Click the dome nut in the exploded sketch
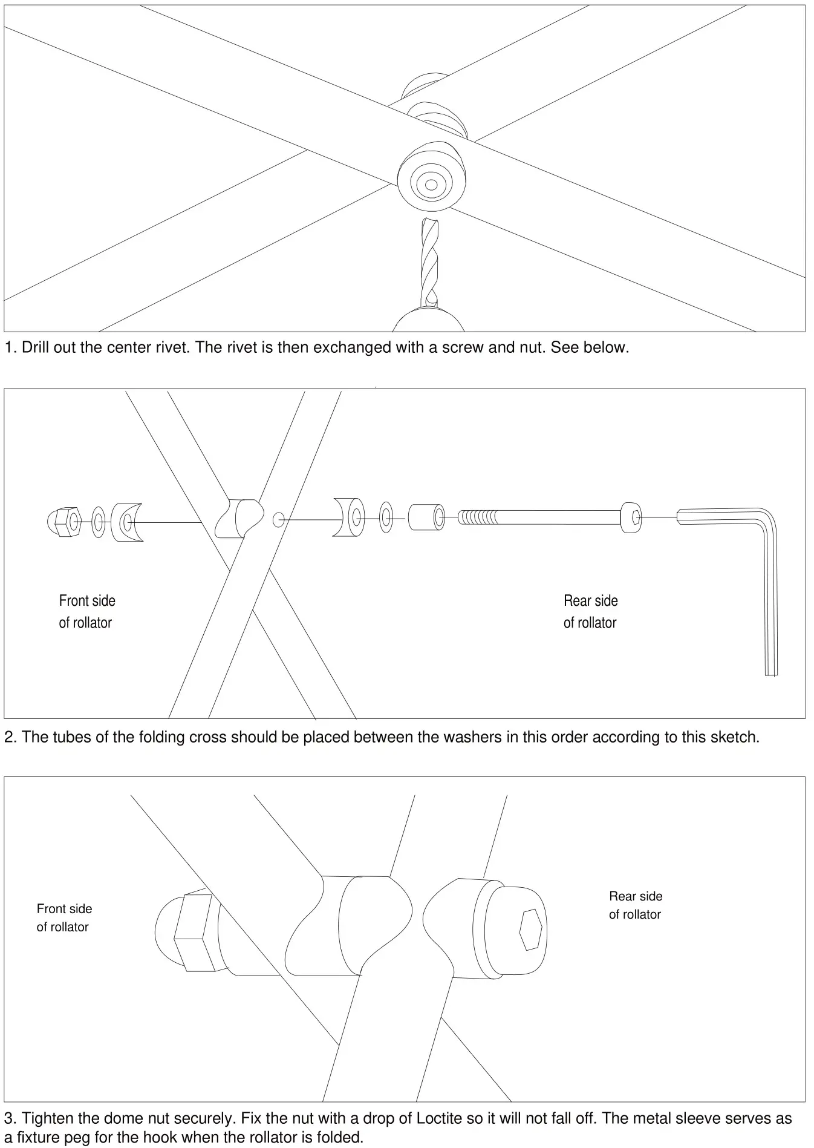(63, 520)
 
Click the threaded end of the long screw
(478, 517)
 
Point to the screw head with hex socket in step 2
(631, 517)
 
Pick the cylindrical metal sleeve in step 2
(425, 518)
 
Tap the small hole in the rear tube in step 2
(278, 519)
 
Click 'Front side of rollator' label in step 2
(86, 611)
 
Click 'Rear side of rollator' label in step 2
(590, 611)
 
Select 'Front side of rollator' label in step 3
(63, 917)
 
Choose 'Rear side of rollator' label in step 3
(636, 905)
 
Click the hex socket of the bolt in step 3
(531, 929)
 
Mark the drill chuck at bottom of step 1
(428, 321)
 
